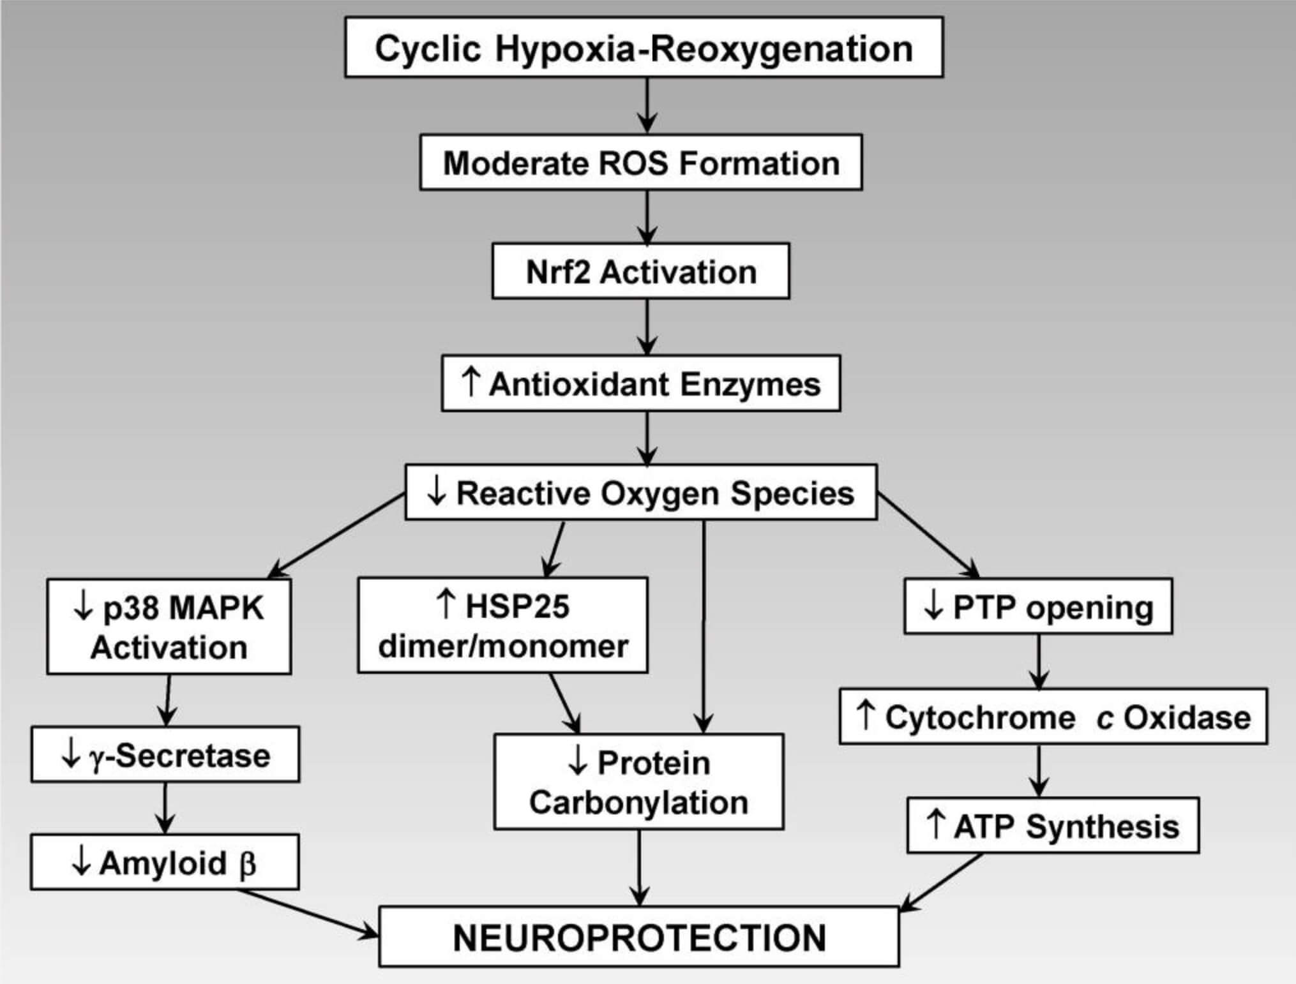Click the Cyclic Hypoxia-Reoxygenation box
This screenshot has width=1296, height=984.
644,48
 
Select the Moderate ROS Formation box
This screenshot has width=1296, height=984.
641,163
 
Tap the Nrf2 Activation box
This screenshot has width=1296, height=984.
640,271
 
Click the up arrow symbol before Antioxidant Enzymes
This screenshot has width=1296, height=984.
470,382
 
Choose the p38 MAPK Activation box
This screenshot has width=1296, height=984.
169,626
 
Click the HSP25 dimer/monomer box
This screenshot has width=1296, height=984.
503,625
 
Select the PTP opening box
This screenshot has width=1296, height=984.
1038,606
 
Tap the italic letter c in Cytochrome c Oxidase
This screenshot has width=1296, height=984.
1104,719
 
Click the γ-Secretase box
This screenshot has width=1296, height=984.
165,754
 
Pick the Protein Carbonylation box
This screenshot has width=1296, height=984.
638,782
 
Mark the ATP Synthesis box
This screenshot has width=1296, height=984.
1053,826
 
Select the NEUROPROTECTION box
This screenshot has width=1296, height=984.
638,937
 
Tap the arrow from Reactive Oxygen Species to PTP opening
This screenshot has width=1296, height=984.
928,535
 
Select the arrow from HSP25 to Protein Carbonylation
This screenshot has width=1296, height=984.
564,702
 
